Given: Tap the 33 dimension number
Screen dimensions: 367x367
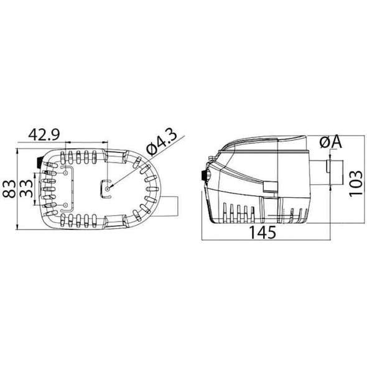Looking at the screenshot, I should (x=26, y=188).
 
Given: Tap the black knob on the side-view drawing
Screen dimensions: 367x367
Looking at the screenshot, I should (x=203, y=176).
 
